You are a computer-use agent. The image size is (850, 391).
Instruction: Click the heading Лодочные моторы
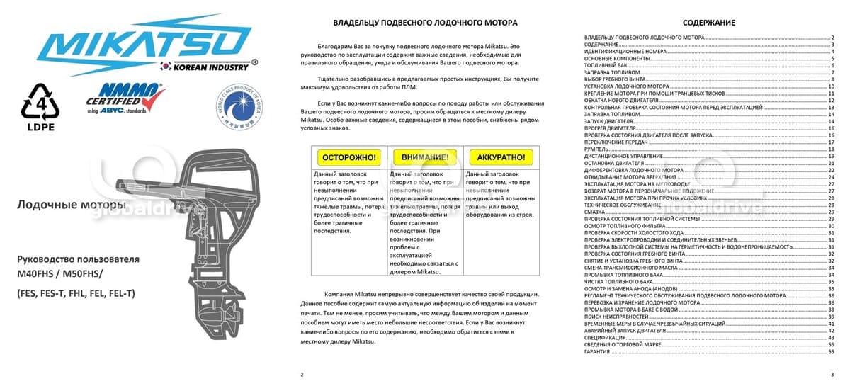(x=70, y=205)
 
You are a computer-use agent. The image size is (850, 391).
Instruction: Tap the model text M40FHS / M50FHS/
(x=60, y=273)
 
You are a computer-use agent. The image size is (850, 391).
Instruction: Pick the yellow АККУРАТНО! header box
(x=500, y=157)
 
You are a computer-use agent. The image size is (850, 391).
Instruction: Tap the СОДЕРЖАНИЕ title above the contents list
(x=708, y=23)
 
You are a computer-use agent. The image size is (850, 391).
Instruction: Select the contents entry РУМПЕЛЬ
(x=598, y=149)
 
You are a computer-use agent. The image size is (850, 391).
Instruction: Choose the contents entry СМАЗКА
(x=595, y=212)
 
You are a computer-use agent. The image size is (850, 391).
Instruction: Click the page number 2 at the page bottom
(x=302, y=374)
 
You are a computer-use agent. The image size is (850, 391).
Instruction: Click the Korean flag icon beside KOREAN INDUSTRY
(x=166, y=67)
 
